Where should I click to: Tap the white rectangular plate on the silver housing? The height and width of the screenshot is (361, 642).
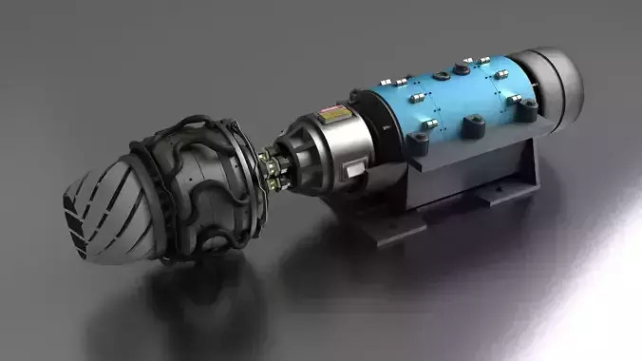click(354, 169)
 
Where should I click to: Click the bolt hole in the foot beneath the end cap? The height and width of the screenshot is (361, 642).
click(494, 195)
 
